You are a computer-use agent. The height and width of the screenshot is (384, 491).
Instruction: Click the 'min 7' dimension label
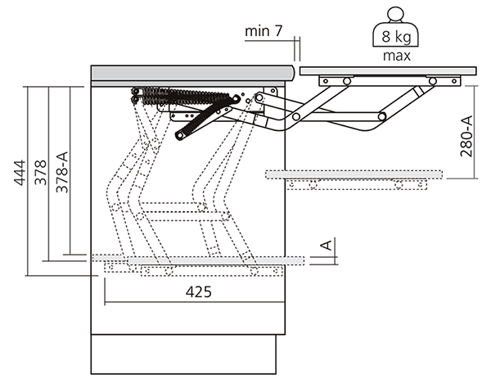tap(264, 32)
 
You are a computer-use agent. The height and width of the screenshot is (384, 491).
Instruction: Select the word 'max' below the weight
tap(396, 56)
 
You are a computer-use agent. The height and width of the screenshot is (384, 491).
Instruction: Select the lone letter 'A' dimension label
tap(325, 245)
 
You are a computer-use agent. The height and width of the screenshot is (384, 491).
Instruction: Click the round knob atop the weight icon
tap(397, 14)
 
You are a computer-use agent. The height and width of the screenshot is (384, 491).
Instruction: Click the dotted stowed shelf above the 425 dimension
tap(205, 260)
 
